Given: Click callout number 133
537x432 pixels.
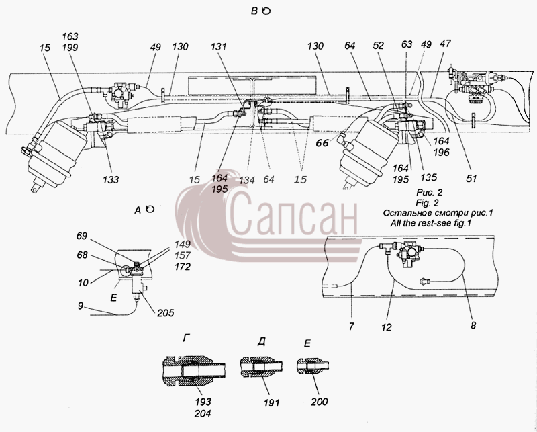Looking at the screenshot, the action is (111, 179).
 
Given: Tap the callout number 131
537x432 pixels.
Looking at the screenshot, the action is (219, 46).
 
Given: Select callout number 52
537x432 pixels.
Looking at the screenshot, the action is (379, 46).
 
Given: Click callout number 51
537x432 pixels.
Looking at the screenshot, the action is (472, 178).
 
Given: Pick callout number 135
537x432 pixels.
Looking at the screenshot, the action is (429, 177).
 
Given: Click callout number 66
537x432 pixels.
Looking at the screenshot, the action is (322, 142).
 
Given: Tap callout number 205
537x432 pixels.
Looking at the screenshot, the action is (166, 312).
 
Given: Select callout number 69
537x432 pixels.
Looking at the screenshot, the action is (82, 236).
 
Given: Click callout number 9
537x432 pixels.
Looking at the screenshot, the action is (81, 306).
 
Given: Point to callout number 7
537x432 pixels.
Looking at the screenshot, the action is (351, 327).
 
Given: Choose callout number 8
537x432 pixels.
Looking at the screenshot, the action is (473, 325).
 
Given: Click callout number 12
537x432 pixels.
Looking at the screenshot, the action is (387, 327).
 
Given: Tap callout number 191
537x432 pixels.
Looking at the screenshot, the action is (272, 402).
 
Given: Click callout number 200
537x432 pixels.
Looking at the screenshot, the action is (320, 402).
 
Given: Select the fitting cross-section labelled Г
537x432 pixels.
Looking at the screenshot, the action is (194, 372).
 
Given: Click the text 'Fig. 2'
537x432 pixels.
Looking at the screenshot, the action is (427, 202).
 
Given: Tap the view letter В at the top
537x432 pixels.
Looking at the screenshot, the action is (254, 11).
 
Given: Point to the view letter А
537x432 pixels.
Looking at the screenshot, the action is (138, 210).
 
